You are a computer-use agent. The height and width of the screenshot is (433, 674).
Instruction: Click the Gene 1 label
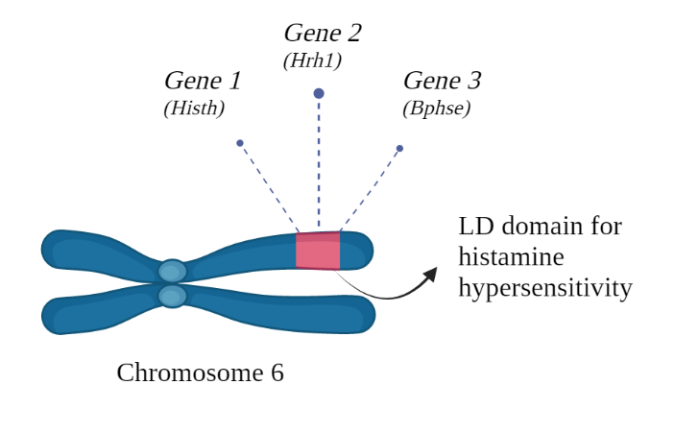pyautogui.click(x=203, y=81)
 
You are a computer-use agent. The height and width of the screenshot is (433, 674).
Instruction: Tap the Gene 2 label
pyautogui.click(x=323, y=33)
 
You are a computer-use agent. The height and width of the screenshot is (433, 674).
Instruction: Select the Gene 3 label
pyautogui.click(x=442, y=81)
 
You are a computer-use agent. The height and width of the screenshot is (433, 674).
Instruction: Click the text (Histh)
pyautogui.click(x=194, y=108)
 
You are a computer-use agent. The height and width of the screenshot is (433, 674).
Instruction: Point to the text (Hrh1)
pyautogui.click(x=312, y=60)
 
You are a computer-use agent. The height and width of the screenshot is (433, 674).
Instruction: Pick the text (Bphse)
pyautogui.click(x=436, y=108)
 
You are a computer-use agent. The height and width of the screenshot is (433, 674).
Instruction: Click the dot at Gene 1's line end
pyautogui.click(x=240, y=143)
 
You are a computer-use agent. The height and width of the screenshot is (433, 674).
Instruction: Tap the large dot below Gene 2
pyautogui.click(x=319, y=93)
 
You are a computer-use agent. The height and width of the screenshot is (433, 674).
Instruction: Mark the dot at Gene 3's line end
pyautogui.click(x=399, y=148)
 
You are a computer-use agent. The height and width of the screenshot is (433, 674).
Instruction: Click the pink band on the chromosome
pyautogui.click(x=318, y=251)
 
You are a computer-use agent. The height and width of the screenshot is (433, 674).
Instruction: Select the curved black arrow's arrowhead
pyautogui.click(x=430, y=275)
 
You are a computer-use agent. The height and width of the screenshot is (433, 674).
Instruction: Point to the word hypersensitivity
pyautogui.click(x=544, y=288)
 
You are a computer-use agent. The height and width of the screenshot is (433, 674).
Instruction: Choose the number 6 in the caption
pyautogui.click(x=277, y=373)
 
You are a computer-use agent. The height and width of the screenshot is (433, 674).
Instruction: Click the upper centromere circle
pyautogui.click(x=172, y=272)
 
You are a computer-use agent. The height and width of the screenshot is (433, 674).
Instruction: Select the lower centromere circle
pyautogui.click(x=172, y=296)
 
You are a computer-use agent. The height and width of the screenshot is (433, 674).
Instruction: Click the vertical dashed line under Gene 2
pyautogui.click(x=319, y=163)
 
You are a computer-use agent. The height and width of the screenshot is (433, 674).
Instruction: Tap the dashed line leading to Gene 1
pyautogui.click(x=269, y=187)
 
